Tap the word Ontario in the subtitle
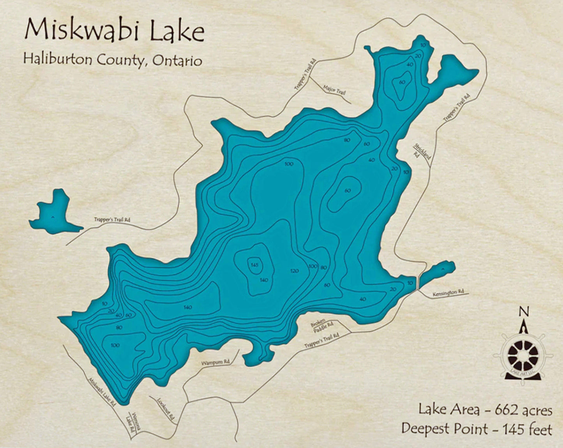click(x=177, y=60)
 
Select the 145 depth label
click(x=254, y=265)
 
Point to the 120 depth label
click(x=295, y=271)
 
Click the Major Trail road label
click(x=334, y=90)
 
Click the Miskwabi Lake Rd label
click(x=102, y=391)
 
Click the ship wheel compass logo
click(x=523, y=355)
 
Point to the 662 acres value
click(x=523, y=410)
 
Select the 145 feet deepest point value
click(x=527, y=429)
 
